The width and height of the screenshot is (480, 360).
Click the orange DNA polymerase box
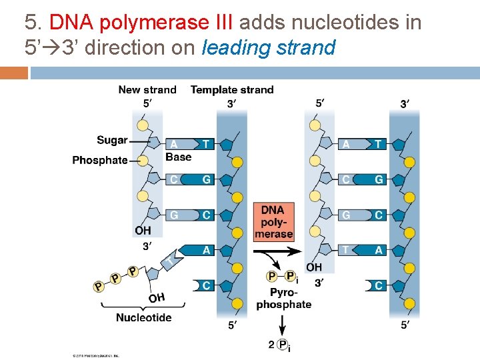[x=273, y=221]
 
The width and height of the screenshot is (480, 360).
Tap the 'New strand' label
[x=147, y=89]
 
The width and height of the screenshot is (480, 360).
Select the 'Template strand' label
[x=231, y=89]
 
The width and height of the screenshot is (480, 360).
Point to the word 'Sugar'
[x=112, y=140]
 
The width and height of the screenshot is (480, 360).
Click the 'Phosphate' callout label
[x=99, y=160]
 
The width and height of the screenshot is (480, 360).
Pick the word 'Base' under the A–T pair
[x=178, y=157]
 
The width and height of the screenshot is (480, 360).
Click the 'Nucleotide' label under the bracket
[x=143, y=317]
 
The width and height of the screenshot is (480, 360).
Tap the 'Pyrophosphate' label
[x=283, y=299]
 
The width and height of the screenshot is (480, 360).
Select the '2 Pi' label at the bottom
[x=279, y=344]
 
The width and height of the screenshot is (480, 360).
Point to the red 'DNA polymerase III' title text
[x=141, y=23]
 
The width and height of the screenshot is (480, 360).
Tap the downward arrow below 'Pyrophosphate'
[x=283, y=325]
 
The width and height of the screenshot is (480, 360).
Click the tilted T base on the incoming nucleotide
[x=171, y=261]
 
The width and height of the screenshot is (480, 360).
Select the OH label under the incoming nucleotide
[x=157, y=297]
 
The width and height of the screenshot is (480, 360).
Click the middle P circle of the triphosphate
[x=115, y=278]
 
